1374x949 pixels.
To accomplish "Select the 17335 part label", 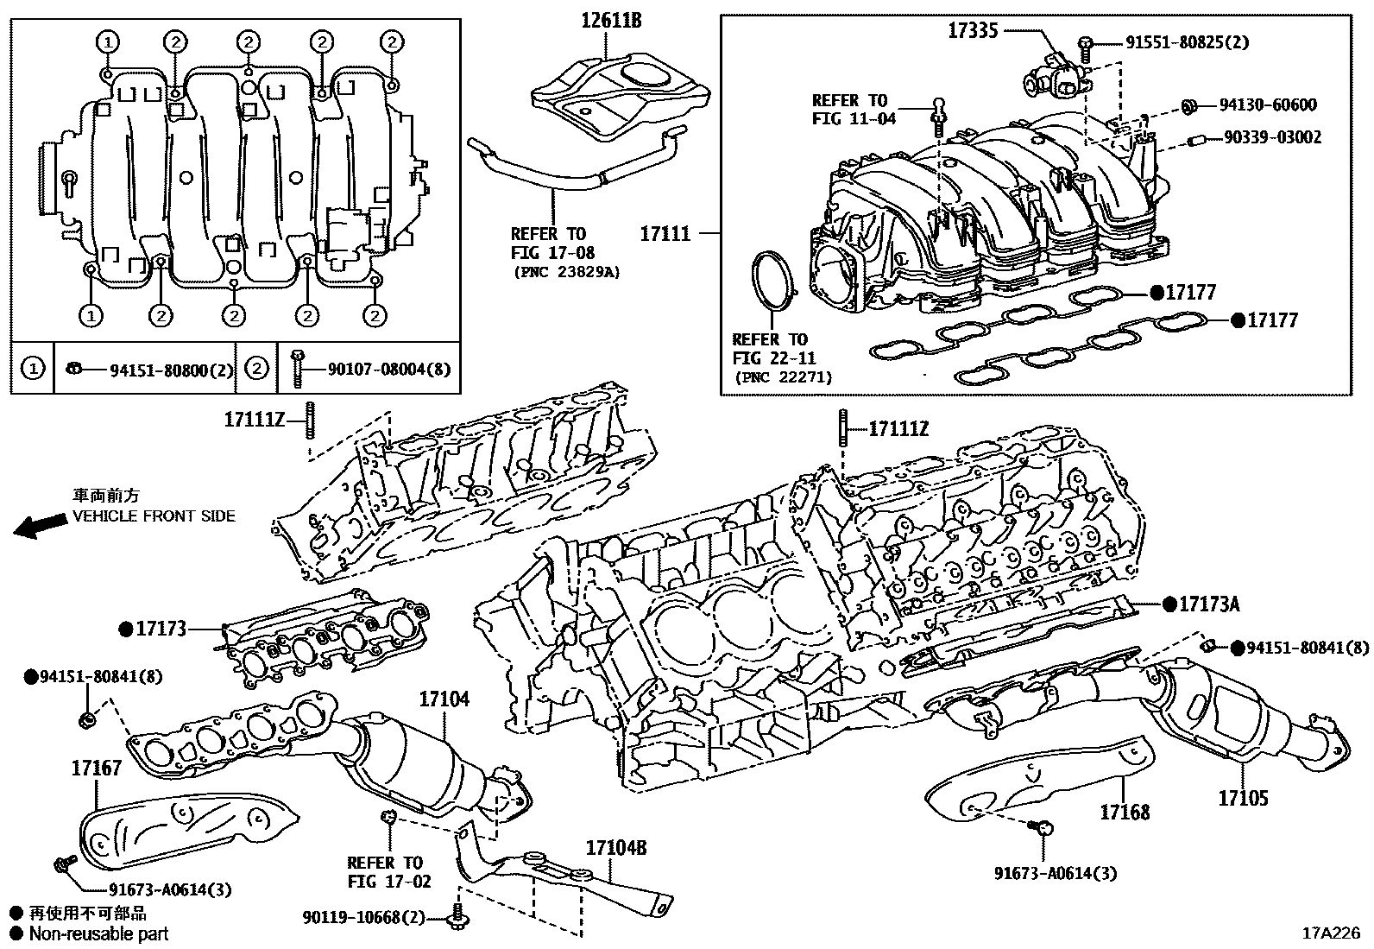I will click(x=973, y=31).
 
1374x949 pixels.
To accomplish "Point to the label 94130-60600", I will click(x=1268, y=105).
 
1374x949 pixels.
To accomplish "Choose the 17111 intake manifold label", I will click(x=665, y=233).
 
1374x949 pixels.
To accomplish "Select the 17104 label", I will click(x=444, y=699).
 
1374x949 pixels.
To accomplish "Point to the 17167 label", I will click(x=97, y=767).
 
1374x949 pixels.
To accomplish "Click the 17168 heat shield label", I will click(x=1125, y=812).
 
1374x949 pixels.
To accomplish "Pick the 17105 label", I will click(x=1244, y=798).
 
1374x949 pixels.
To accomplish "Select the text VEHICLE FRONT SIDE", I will click(x=154, y=516).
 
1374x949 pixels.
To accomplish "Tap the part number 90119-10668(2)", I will click(x=364, y=916).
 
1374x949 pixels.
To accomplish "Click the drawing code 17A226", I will click(x=1331, y=933).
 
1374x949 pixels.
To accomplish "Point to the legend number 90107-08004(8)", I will click(x=389, y=370).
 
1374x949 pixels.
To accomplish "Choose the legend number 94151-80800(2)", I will click(x=172, y=370).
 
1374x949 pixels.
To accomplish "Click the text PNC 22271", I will click(x=784, y=377).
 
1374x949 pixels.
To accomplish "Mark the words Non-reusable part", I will click(x=98, y=933).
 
